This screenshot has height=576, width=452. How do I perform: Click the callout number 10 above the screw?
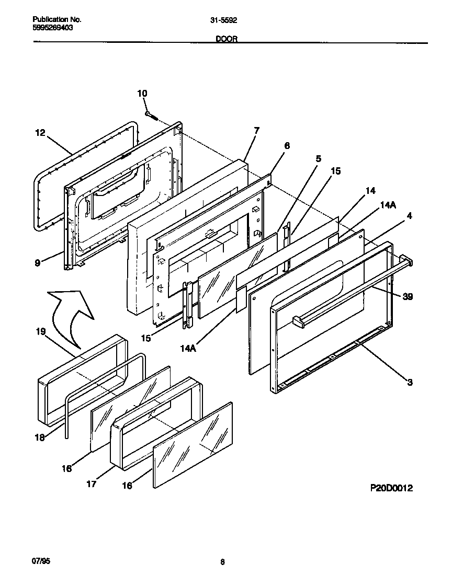point(142,94)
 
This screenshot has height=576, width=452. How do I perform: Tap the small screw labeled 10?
point(151,114)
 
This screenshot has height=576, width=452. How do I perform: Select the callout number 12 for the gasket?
point(40,133)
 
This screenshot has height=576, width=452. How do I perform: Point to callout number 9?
point(38,263)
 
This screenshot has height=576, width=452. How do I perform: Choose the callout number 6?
point(287,146)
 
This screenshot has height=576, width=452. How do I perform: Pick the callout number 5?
point(318,158)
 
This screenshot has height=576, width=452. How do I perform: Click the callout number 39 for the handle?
point(408,296)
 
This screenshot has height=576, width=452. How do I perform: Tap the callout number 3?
point(410,382)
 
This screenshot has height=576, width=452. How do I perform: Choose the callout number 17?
point(92,484)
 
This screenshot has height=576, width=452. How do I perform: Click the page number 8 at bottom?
point(222,562)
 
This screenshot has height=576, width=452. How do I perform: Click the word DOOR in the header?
point(227,39)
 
